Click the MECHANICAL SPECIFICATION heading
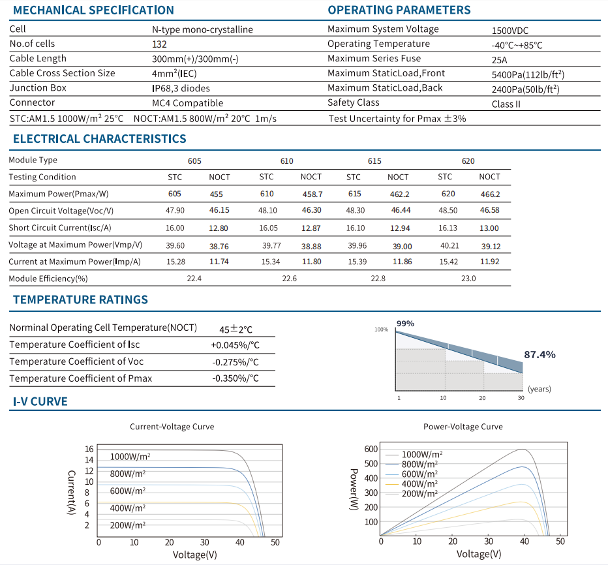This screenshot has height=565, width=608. point(93,10)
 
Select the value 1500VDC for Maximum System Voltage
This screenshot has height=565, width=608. point(510,31)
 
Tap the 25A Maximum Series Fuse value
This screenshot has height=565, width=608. point(500,60)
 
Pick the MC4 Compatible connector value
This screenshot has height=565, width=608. point(188,103)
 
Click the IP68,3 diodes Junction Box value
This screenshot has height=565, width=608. point(181,89)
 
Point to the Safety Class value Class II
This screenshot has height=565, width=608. point(506,104)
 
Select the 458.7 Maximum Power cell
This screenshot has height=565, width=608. point(312,194)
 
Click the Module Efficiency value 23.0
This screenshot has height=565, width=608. point(468,279)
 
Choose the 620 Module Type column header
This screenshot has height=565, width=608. point(468,161)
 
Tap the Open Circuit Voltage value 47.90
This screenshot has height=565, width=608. point(175,211)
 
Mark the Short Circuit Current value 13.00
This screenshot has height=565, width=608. point(489,228)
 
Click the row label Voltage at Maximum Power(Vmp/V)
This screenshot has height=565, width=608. point(76,245)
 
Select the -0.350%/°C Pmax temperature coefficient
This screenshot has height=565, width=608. point(236,378)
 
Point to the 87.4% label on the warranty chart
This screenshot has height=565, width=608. point(540,354)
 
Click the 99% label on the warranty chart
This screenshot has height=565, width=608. point(405,324)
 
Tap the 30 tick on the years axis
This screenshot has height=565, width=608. point(521,398)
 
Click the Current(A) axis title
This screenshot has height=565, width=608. point(71,493)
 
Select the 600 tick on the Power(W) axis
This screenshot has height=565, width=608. point(371,449)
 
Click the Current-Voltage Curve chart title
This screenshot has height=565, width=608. point(172,427)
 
